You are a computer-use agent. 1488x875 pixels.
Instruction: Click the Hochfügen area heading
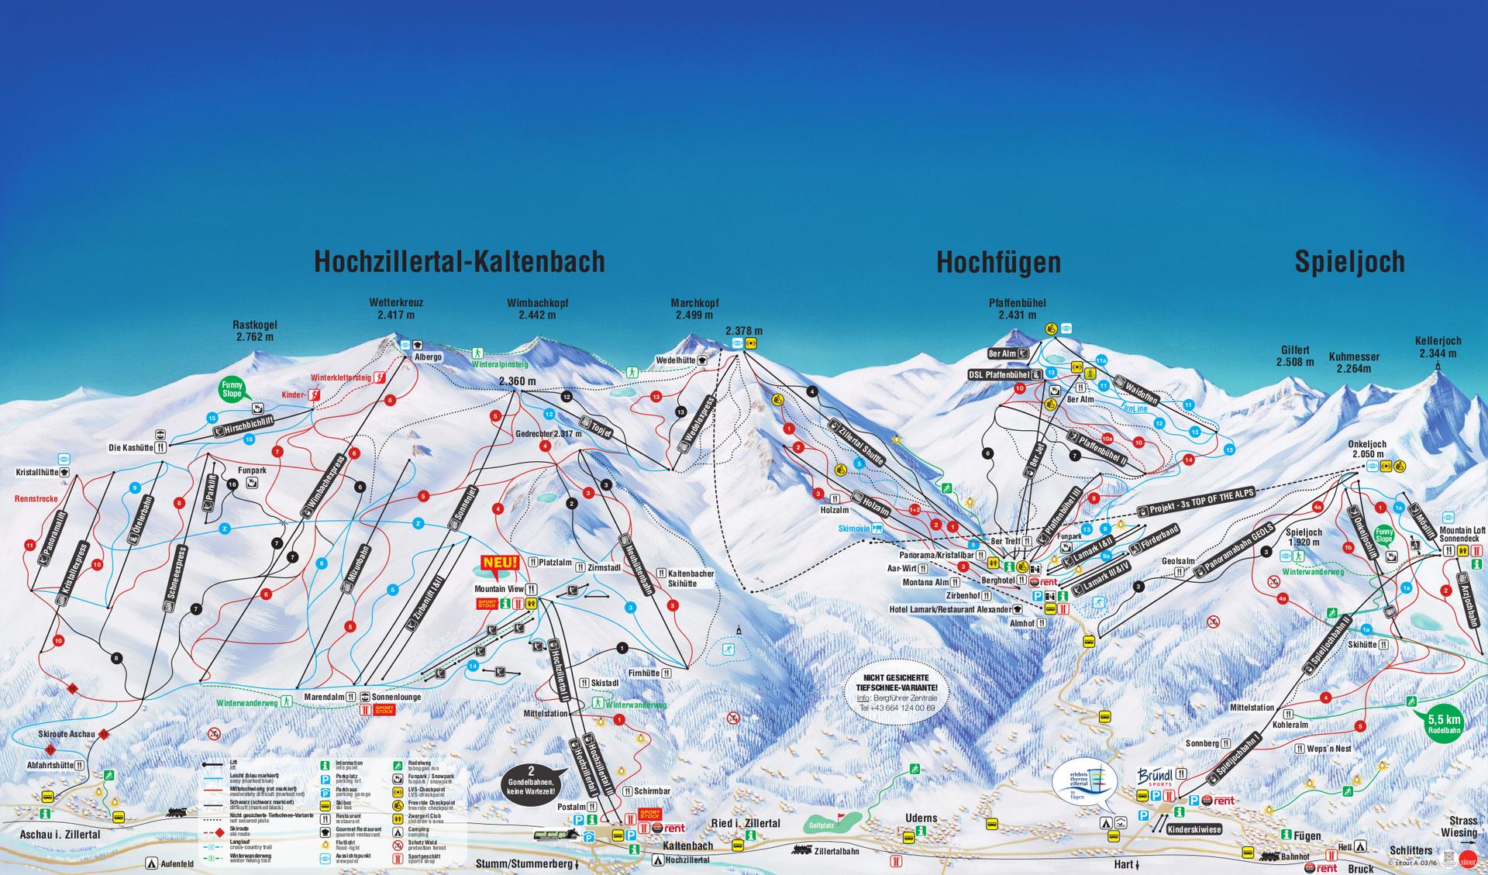click(998, 263)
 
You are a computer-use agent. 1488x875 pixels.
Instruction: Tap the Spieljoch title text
click(1349, 262)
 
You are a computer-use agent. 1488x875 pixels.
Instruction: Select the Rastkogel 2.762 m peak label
click(255, 331)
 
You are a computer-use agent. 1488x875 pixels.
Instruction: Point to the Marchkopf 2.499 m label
click(694, 309)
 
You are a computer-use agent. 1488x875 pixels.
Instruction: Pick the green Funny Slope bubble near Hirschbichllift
click(232, 388)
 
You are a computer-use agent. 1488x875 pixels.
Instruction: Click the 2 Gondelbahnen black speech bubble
click(532, 782)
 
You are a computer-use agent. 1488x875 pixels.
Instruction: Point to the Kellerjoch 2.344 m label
click(1438, 346)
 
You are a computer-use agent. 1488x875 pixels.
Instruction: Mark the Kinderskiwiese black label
click(1193, 828)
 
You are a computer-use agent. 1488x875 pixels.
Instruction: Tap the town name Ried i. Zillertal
click(745, 824)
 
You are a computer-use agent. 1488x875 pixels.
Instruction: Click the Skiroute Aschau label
click(66, 733)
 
